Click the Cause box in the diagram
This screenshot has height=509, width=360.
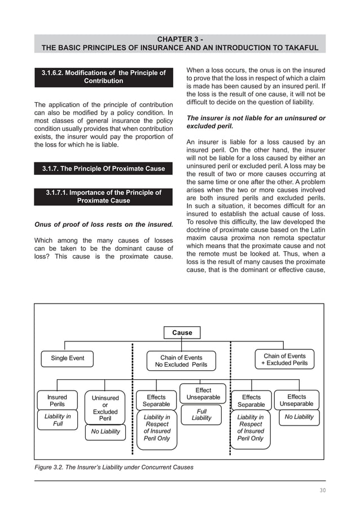point(182,332)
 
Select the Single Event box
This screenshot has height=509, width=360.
point(68,358)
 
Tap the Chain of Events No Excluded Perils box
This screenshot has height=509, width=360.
point(181,361)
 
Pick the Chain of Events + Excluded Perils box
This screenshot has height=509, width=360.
point(284,359)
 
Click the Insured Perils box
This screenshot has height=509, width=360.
point(57,401)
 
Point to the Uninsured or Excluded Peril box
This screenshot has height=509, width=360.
point(105,409)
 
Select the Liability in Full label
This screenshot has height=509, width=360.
point(58,420)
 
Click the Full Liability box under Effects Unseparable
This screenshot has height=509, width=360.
point(201,415)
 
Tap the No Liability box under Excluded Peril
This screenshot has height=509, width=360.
point(106,432)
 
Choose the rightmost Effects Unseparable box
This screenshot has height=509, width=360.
point(296,400)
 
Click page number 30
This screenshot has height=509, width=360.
point(322,490)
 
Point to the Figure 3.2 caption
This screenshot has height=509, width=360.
point(113,467)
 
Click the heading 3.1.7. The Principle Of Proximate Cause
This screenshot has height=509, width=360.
point(104,169)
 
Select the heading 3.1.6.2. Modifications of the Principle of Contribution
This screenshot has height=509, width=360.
point(104,77)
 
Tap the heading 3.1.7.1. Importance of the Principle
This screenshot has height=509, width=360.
point(104,196)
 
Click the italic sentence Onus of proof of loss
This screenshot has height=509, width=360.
point(104,224)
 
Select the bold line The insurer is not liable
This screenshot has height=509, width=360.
point(256,122)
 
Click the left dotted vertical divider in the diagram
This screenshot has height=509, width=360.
point(133,398)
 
